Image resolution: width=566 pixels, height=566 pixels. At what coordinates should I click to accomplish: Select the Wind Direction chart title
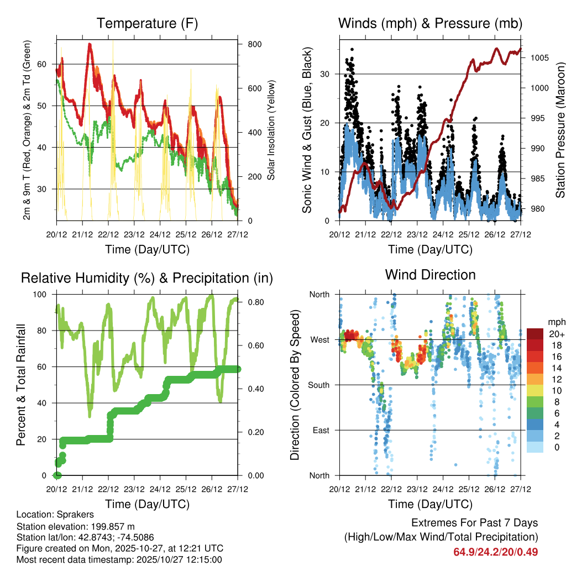[x=430, y=274]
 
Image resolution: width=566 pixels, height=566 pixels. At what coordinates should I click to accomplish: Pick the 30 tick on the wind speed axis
[x=330, y=74]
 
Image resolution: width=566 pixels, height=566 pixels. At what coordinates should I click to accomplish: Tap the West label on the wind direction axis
[x=320, y=339]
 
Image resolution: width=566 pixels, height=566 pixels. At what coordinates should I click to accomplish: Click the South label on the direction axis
[x=318, y=385]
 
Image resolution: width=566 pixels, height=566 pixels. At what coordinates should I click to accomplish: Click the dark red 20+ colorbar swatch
[x=534, y=334]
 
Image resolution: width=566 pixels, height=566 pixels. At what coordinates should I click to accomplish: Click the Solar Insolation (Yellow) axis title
[x=271, y=130]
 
